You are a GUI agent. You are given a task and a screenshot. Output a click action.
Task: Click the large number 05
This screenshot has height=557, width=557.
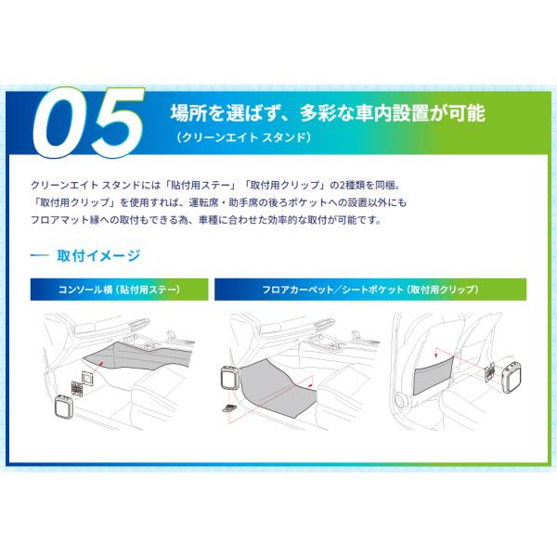(x=88, y=123)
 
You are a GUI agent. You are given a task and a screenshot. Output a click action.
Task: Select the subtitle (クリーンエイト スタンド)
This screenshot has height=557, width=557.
(x=243, y=137)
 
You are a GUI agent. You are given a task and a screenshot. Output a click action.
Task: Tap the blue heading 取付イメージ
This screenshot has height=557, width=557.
(x=98, y=255)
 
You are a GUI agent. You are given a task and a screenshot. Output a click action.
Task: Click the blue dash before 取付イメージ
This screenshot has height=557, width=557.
(x=39, y=255)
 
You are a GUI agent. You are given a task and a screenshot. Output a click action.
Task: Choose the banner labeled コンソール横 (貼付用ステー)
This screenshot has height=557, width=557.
(x=120, y=290)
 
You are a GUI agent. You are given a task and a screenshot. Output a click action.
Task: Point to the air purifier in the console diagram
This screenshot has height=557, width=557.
(x=64, y=406)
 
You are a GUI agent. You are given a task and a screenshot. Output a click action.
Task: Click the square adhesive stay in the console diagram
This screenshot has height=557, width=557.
(x=87, y=378)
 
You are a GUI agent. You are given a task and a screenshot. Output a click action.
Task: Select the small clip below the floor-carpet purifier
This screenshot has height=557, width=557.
(x=228, y=408)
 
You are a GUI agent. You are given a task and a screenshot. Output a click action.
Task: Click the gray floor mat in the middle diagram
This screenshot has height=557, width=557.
(x=277, y=388)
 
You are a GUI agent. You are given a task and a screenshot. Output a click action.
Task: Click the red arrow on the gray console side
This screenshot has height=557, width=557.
(x=100, y=363)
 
